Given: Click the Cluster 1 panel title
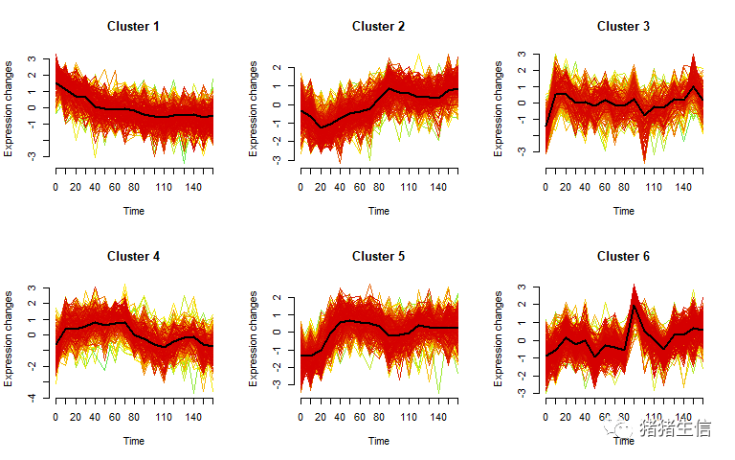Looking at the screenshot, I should [x=133, y=26].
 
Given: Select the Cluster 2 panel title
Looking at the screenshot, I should [x=378, y=26].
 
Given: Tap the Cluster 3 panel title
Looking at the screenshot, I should [x=623, y=26].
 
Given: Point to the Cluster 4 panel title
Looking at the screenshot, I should [x=133, y=256].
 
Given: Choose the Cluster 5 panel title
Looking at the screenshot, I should [x=378, y=256].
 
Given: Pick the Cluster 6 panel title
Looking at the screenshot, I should [x=623, y=256].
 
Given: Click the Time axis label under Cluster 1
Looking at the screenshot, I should [x=133, y=211].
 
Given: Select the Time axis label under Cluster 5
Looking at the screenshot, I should [x=378, y=441].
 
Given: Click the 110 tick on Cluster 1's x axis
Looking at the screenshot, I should [x=164, y=187].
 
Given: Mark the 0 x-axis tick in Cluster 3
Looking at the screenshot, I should [x=546, y=187].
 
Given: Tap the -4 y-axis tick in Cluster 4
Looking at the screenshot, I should [x=33, y=397].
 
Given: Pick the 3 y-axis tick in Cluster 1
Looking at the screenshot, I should [x=33, y=58].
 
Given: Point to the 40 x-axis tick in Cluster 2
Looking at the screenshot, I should [x=341, y=187].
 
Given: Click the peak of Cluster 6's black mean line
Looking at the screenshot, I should [x=634, y=306].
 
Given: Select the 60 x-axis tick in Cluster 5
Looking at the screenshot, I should [x=360, y=417].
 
